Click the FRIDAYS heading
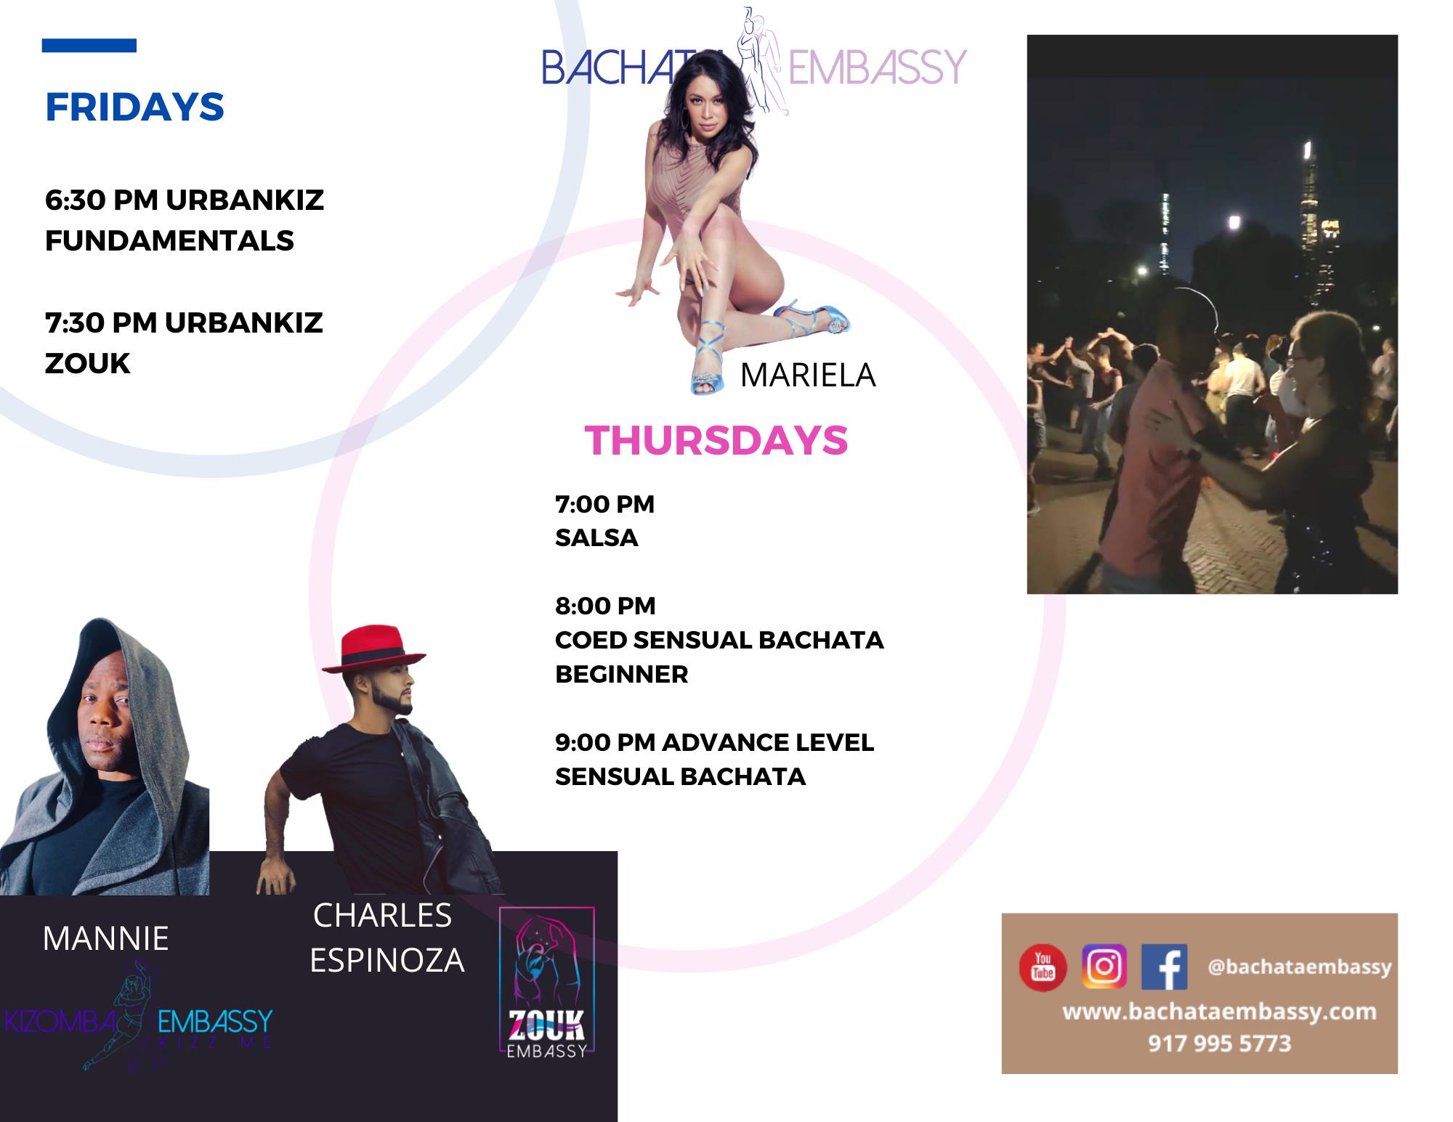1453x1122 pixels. pos(134,107)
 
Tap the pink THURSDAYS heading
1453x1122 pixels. pos(716,440)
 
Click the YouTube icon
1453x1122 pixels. pos(1043,967)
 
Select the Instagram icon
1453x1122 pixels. pos(1104,967)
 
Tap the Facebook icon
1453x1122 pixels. pos(1165,967)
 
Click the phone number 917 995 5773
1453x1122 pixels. pos(1220,1044)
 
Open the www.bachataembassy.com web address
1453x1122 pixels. pos(1220,1012)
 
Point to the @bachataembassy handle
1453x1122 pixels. pos(1300,967)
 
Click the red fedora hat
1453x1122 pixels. pos(373,648)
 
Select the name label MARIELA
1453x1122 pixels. pos(808,375)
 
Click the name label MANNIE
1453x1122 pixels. pos(106,938)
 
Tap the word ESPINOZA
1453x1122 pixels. pos(387,960)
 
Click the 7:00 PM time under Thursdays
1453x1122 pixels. pos(605,504)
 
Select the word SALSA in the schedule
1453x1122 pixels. pos(596,537)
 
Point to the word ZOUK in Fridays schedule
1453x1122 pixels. pos(88,363)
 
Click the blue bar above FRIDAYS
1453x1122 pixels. pos(89,46)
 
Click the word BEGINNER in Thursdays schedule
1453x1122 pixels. pos(622,674)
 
